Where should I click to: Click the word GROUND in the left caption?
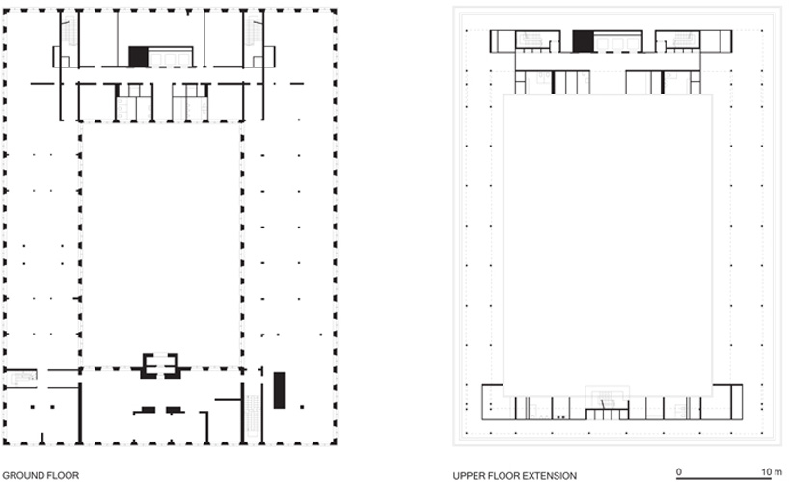[x=21, y=475]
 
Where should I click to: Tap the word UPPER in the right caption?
[x=469, y=475]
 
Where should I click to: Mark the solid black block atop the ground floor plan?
[x=139, y=57]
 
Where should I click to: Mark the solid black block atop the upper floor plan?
[x=583, y=40]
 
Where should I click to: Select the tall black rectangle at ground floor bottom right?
[x=279, y=390]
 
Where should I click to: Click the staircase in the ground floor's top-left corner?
[x=69, y=35]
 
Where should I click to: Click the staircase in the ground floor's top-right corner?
[x=252, y=35]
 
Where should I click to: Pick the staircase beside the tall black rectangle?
[x=253, y=413]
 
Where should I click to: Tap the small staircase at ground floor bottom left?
[x=26, y=374]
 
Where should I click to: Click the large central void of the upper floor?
[x=608, y=241]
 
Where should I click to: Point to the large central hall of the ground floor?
[x=160, y=241]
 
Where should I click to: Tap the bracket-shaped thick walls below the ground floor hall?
[x=160, y=365]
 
